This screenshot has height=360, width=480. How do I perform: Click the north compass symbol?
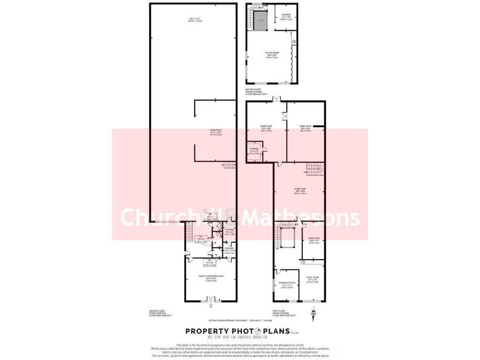313,312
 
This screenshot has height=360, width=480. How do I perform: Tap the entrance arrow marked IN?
211,307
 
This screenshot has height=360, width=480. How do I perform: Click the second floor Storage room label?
286,17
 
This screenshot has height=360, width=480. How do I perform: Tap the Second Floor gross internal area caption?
256,92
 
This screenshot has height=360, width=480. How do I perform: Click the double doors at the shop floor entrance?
211,299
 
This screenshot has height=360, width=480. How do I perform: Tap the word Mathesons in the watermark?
303,218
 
